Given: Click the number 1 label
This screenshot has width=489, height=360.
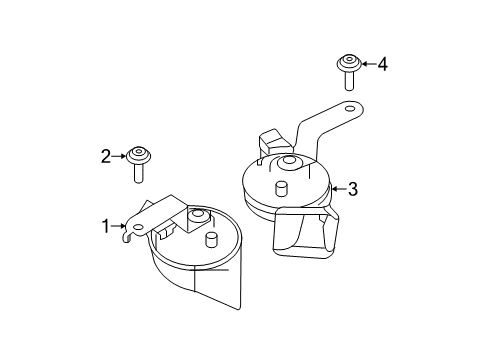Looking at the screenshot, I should [x=104, y=226].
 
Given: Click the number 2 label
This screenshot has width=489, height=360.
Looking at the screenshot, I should [x=105, y=155].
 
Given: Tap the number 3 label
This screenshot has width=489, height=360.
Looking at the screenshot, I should [x=352, y=188].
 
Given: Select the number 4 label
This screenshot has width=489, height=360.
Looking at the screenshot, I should [x=382, y=64].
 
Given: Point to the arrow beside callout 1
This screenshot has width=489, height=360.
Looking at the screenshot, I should [x=117, y=227].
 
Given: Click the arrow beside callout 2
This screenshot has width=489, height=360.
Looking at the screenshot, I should [x=119, y=155].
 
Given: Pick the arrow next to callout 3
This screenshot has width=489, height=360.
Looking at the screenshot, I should [x=337, y=188].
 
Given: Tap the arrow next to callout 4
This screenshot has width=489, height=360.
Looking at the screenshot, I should [x=367, y=64].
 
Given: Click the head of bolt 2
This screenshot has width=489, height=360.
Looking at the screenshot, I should [x=137, y=156].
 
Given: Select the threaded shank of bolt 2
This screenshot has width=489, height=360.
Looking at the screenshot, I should [x=138, y=173].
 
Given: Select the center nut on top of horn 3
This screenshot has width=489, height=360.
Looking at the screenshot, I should [x=288, y=163].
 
